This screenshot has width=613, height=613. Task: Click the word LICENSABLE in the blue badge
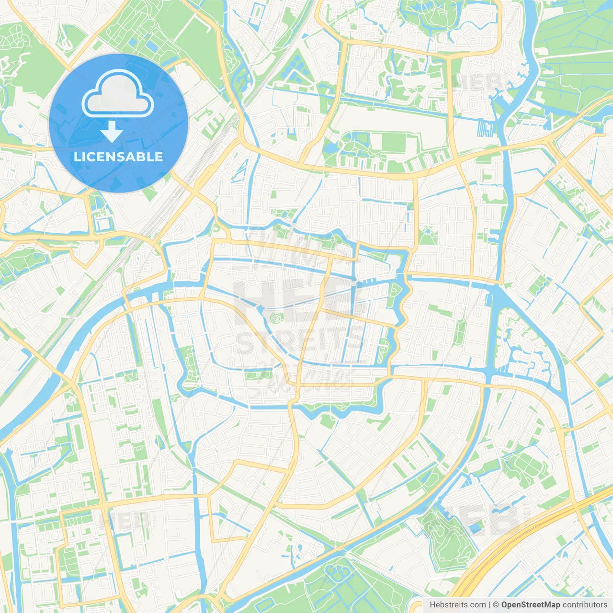[x=118, y=157]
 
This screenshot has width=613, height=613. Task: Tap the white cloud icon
[x=118, y=94]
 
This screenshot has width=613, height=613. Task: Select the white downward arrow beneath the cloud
[x=112, y=132]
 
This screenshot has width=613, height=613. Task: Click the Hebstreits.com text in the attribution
[x=457, y=605]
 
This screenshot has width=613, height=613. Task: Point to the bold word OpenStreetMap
[x=530, y=605]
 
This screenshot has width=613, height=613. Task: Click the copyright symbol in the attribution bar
[x=496, y=605]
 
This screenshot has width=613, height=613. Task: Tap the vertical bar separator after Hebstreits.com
[x=489, y=605]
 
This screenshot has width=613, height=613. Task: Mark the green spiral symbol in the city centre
[x=275, y=318]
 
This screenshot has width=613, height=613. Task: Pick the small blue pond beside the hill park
[x=474, y=527]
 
